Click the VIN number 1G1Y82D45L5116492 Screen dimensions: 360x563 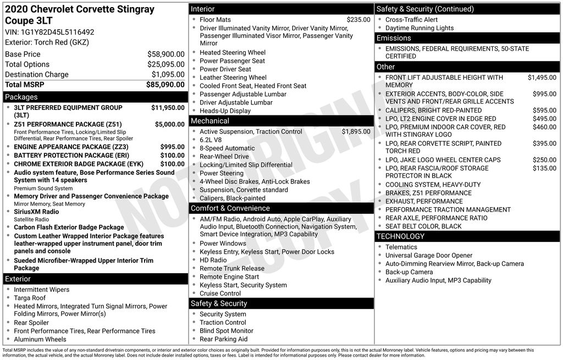point(57,32)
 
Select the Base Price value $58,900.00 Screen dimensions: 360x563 point(165,54)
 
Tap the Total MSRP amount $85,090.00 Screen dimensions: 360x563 point(165,85)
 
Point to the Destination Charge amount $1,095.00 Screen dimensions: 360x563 point(168,75)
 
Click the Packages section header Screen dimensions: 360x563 point(21,97)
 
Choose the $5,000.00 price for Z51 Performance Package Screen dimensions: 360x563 point(169,124)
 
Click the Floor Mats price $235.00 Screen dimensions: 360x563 point(358,20)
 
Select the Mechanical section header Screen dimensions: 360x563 point(210,121)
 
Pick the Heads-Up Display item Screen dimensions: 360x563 point(225,110)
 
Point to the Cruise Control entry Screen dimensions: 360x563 point(220,293)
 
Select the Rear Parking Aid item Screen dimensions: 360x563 point(223,339)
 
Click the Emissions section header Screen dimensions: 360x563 point(394,38)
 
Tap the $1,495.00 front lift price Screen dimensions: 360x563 point(542,77)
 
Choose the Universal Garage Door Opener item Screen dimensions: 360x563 point(429,256)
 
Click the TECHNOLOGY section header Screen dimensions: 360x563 point(400,236)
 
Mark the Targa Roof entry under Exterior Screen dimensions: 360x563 point(30,298)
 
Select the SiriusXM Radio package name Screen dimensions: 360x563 point(36,212)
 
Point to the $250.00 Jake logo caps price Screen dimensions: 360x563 point(544,160)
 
